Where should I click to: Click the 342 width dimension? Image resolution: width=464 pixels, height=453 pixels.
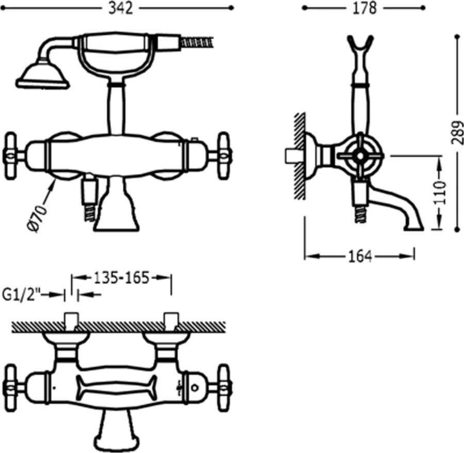(121, 9)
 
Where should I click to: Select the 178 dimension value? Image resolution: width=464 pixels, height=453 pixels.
(364, 8)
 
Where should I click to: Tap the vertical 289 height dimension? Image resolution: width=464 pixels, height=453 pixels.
(457, 133)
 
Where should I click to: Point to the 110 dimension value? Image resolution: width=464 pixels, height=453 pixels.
(440, 192)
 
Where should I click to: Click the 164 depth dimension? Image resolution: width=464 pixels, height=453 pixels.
(360, 256)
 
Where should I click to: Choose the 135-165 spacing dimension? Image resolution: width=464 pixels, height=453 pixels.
(121, 278)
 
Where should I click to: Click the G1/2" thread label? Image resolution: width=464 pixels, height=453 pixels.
(21, 295)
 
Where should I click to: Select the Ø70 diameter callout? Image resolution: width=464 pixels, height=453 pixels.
(37, 218)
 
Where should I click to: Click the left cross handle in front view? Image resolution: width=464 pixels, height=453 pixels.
(12, 155)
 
